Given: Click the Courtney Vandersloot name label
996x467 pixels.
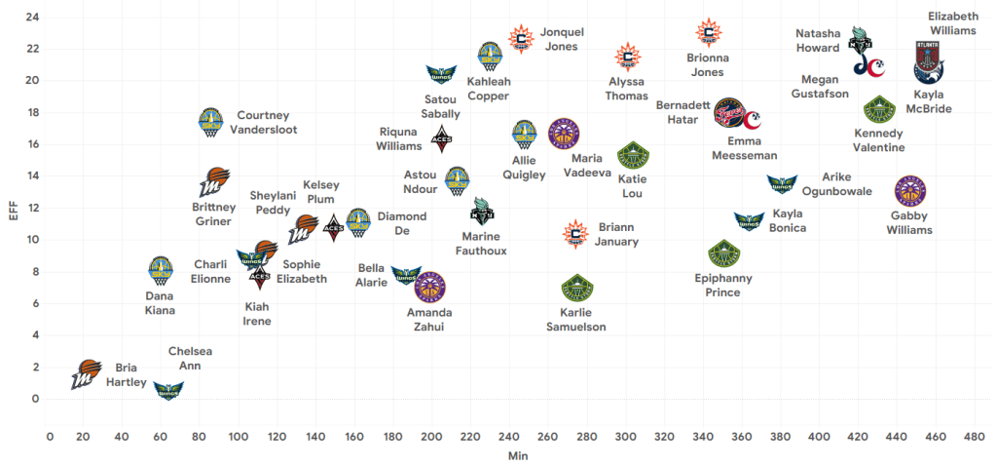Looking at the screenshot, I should coord(263,122).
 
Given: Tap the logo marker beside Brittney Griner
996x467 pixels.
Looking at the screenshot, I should coord(214,181).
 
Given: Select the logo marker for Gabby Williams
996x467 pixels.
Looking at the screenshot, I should coord(910,191).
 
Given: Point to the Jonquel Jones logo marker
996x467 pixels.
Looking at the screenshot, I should coord(522,38).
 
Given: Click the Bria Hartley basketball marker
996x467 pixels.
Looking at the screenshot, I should coord(86,373).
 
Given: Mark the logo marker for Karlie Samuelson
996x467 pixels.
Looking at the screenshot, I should coord(577,288).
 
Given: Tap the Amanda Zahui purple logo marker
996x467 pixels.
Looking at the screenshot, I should coord(429,287).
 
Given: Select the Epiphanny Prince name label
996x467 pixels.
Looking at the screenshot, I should coord(723,285).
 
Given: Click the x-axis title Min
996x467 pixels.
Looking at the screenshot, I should coord(518,455).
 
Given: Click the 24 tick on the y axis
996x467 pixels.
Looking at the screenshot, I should coord(32,17).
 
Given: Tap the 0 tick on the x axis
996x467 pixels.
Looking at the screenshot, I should coord(50,436).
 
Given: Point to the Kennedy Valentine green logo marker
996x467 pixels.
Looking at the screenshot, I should coord(879,109).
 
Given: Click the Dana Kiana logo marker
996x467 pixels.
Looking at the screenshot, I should coord(160,271).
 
